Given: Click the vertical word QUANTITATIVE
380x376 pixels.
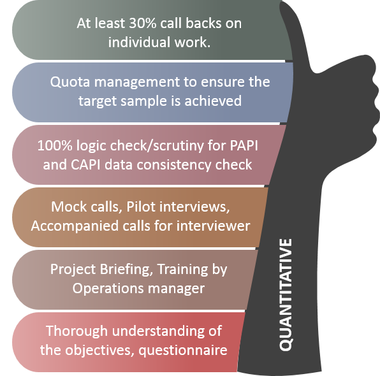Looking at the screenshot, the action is [x=286, y=294].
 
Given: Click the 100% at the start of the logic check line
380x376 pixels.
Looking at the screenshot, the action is [x=55, y=145].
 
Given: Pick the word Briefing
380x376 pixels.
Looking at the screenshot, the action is [x=126, y=270].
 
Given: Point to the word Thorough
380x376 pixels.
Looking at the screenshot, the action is [x=77, y=331].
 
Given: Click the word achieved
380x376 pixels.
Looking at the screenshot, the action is [x=213, y=101].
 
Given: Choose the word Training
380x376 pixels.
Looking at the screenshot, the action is [x=182, y=270].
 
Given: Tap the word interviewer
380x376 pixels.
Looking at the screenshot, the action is [x=213, y=226].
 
